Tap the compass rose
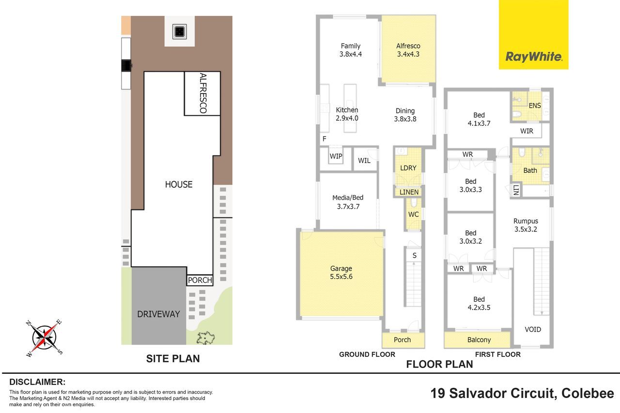(x=44, y=338)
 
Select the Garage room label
(x=341, y=273)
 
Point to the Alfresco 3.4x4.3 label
(x=408, y=50)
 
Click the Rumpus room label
(x=526, y=225)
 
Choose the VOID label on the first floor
(x=533, y=329)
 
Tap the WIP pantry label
(x=336, y=156)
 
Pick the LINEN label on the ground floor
(x=409, y=192)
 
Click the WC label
(x=413, y=214)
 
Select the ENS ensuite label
(x=534, y=106)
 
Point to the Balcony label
(x=479, y=340)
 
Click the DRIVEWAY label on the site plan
(x=158, y=314)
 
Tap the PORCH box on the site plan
(x=200, y=280)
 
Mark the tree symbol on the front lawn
(x=205, y=338)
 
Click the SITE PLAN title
(x=173, y=358)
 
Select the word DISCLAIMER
(x=37, y=382)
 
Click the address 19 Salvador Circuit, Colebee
(x=522, y=393)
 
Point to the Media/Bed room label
(x=348, y=202)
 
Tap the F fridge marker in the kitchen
(x=325, y=139)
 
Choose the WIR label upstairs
(x=527, y=131)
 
